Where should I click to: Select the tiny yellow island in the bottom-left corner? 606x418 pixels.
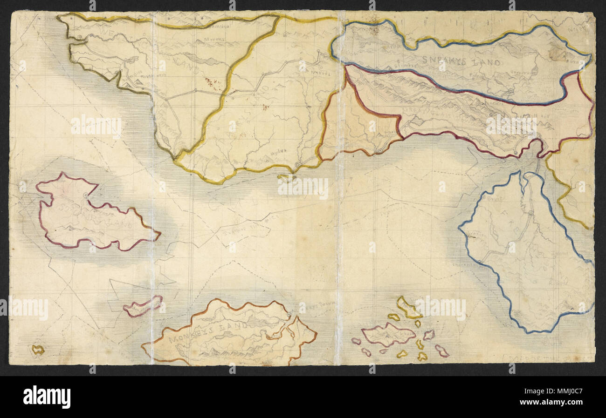[x=38, y=350]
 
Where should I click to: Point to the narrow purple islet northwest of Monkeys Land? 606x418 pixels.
[x=143, y=306]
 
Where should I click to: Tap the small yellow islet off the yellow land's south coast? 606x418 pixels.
[x=284, y=177]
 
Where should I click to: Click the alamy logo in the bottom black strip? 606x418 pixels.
[x=47, y=397]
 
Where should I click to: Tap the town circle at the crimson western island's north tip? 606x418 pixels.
[x=85, y=194]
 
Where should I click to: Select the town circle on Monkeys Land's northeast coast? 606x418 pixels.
[x=290, y=317]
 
